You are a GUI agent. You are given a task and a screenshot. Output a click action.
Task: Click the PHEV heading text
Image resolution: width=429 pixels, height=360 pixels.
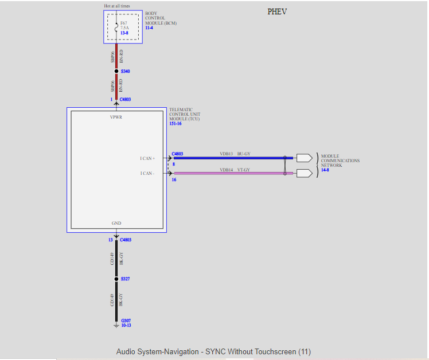277,12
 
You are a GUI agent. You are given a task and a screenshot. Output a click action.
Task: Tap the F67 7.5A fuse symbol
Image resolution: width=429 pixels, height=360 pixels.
116,27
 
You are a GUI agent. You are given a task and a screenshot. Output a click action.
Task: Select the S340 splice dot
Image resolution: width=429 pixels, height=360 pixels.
116,71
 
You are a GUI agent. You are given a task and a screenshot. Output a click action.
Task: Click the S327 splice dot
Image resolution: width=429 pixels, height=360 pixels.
116,279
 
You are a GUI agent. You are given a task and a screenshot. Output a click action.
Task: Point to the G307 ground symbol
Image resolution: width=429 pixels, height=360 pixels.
116,326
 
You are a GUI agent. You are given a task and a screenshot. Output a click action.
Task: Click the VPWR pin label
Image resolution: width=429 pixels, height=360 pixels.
116,117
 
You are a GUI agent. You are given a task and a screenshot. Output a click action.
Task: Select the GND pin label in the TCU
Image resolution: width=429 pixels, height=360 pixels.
116,223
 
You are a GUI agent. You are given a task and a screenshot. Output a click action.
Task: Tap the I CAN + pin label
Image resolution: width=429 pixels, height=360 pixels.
147,158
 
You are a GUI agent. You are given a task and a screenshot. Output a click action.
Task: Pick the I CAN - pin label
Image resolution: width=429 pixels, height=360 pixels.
147,173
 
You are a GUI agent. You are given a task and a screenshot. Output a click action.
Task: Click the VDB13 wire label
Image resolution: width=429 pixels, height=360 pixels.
227,154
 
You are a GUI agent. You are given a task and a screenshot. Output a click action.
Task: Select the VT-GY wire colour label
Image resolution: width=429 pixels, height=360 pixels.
244,170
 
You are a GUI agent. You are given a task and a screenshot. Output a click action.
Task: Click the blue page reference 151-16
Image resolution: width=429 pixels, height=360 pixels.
175,124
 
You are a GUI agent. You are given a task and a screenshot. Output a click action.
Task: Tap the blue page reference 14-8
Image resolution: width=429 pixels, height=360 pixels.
325,170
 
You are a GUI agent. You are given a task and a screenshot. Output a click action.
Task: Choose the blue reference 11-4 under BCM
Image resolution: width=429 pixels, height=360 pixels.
149,28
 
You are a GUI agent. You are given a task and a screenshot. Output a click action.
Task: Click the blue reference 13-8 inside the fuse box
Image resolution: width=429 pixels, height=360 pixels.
124,33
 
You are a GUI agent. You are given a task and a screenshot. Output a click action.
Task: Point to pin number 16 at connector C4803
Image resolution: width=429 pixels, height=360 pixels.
174,180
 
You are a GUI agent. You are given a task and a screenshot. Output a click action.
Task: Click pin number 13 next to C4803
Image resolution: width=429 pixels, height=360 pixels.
111,240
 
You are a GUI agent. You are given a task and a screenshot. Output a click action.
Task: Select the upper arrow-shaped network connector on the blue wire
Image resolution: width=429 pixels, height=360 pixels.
305,158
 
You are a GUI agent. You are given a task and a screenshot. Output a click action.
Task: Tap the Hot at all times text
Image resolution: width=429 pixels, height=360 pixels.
117,6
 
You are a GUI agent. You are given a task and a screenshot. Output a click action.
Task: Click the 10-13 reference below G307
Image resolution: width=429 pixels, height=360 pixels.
126,325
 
